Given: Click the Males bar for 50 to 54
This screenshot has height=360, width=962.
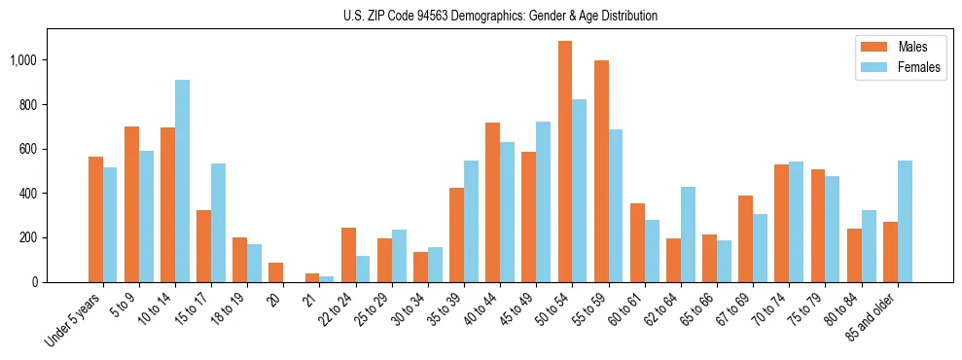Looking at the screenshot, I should pos(565,162).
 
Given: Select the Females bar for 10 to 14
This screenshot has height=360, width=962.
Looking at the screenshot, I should pos(182,181).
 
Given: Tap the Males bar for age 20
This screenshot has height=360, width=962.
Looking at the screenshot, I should pos(276,272).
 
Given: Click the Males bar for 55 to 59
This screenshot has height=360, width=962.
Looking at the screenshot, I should pos(601,171).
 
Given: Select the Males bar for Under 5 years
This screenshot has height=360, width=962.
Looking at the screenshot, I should pos(95,220).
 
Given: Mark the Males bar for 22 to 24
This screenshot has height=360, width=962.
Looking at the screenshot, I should pos(348,255).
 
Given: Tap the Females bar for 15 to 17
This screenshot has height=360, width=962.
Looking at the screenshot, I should pos(218,223).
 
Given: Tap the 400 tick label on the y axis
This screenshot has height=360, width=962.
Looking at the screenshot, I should pos(29,194).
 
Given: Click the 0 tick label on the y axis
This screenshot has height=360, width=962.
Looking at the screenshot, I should pos(36,282).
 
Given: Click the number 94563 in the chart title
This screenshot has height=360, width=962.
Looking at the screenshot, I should pos(443,16).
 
